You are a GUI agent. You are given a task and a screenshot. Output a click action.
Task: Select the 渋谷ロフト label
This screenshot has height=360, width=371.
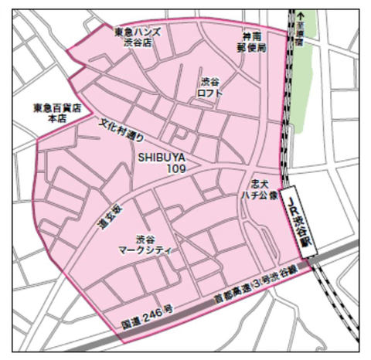211,87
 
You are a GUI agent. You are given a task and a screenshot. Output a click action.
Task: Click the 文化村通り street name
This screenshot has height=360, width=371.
122,132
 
